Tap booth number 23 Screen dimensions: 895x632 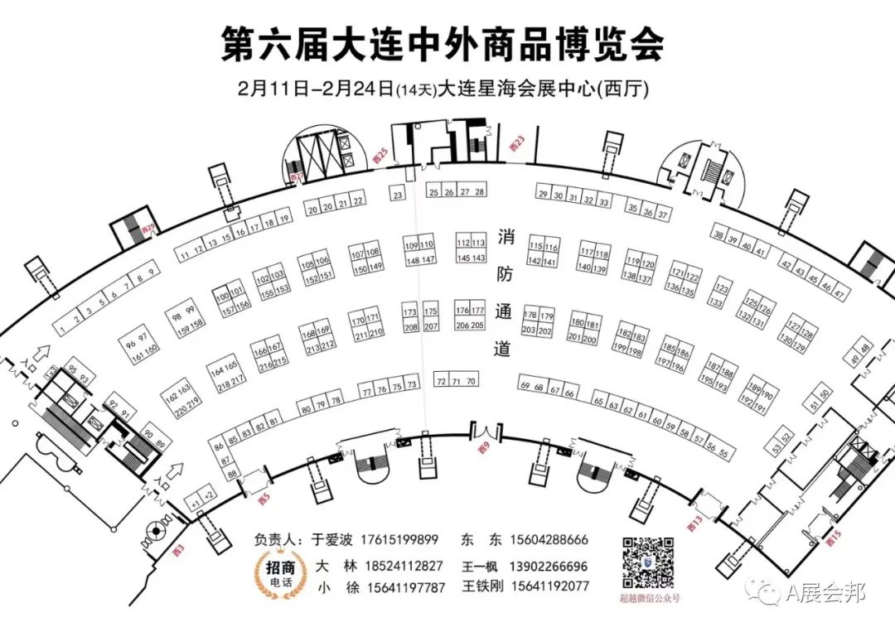398,195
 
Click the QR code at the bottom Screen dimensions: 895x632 648,563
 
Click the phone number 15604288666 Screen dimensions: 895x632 549,540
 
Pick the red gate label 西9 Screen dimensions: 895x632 486,448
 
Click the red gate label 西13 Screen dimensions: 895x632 694,523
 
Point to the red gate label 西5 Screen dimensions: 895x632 264,499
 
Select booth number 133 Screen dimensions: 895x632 714,302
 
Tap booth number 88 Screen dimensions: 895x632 233,474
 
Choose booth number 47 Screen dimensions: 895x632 839,295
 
